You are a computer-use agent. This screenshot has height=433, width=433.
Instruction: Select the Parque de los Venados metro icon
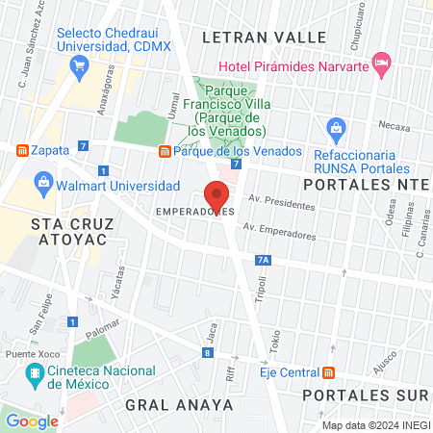tap(165, 151)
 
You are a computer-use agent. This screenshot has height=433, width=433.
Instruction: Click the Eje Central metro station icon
tap(329, 372)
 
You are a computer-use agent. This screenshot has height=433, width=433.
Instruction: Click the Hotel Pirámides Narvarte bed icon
tap(380, 64)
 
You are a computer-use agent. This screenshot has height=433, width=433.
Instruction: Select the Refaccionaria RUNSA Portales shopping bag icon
tap(336, 127)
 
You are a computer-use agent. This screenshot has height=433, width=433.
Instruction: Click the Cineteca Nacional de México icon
tap(36, 379)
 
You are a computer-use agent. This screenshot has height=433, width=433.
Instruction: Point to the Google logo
tap(32, 420)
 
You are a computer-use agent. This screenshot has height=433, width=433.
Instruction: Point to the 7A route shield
tap(264, 259)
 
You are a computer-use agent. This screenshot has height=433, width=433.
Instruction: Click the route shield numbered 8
tap(207, 353)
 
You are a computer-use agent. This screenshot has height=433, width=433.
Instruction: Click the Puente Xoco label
tap(26, 354)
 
